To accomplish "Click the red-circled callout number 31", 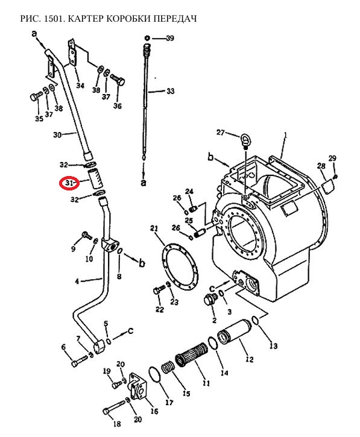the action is click(x=69, y=183).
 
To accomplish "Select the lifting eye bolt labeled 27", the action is click(x=245, y=140).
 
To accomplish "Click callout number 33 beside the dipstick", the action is click(x=170, y=91).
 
